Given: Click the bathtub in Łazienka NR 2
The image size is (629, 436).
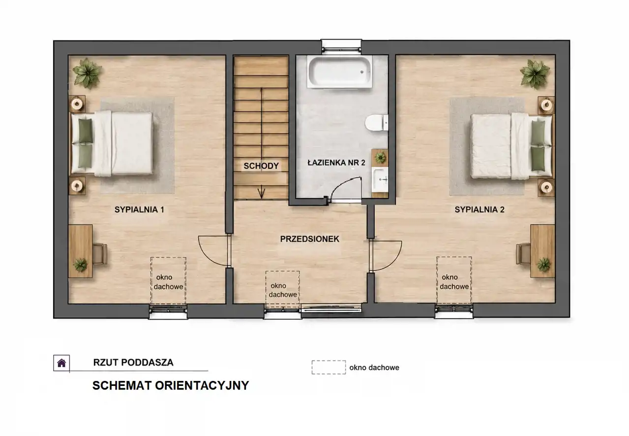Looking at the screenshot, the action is pyautogui.click(x=339, y=72).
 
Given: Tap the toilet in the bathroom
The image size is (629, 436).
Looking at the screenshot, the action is pyautogui.click(x=377, y=123).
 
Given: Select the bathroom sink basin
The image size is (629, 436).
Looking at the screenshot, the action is pyautogui.click(x=380, y=179).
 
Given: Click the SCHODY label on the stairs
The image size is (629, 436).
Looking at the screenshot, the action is pyautogui.click(x=261, y=166).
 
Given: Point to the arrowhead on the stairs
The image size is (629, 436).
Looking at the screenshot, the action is pyautogui.click(x=262, y=193).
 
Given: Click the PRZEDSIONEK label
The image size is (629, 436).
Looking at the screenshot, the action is pyautogui.click(x=310, y=239).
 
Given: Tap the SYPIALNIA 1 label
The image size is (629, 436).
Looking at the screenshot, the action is pyautogui.click(x=139, y=210).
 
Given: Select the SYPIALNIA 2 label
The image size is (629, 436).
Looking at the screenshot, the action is pyautogui.click(x=479, y=210).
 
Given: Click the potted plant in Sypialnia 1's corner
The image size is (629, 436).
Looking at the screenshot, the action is pyautogui.click(x=88, y=74).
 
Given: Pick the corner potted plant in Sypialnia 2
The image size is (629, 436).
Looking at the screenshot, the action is pyautogui.click(x=535, y=74).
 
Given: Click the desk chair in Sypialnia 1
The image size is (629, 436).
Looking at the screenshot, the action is pyautogui.click(x=100, y=254).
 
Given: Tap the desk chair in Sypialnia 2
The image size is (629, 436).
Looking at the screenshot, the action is pyautogui.click(x=523, y=254).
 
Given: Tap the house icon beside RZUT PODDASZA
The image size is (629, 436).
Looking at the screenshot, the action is pyautogui.click(x=61, y=363).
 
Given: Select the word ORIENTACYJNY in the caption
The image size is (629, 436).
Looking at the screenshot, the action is pyautogui.click(x=202, y=385).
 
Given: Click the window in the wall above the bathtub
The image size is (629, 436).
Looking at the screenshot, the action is pyautogui.click(x=341, y=46).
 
